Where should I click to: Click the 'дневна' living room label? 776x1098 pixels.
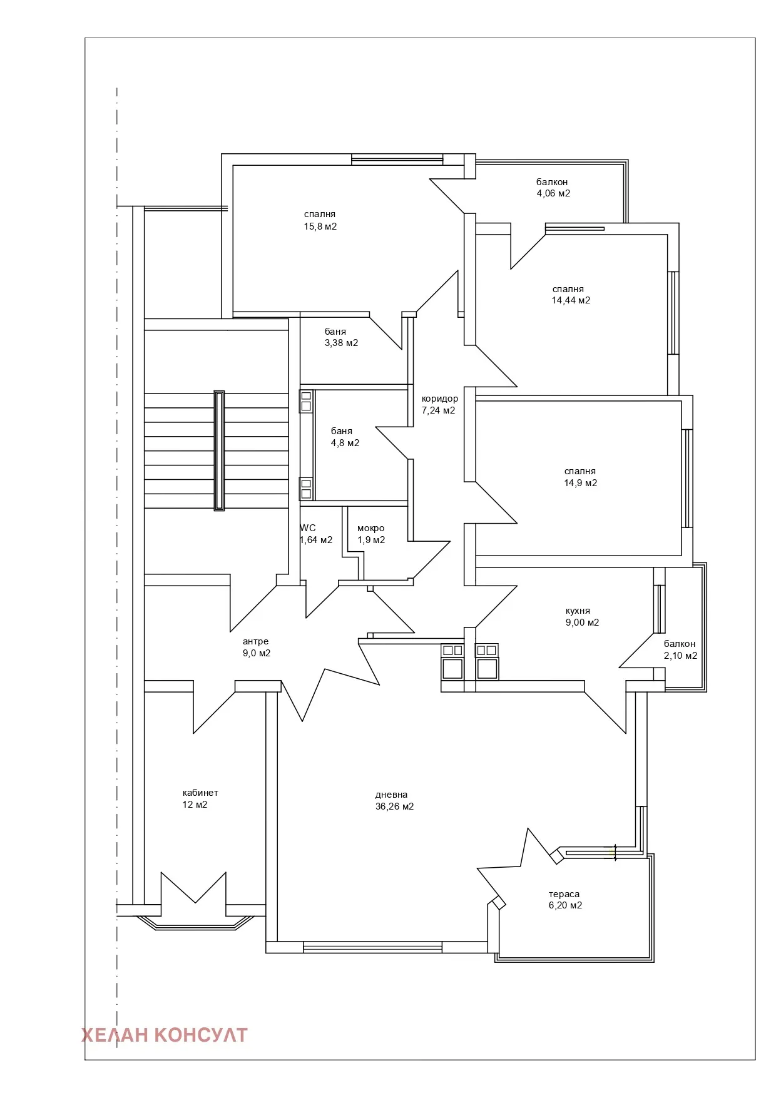(391, 795)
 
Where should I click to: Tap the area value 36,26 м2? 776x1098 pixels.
(394, 806)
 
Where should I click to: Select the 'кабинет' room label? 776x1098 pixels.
(200, 793)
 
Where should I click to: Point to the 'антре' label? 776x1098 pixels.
(255, 641)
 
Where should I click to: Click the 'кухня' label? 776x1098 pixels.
(578, 611)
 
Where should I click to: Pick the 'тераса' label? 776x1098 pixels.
(564, 894)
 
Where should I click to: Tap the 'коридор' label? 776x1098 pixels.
(439, 399)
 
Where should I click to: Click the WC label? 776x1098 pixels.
(308, 528)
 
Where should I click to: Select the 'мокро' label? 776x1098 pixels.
(370, 528)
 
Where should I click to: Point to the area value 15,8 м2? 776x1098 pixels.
(320, 226)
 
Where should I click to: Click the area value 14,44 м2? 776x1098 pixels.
(571, 300)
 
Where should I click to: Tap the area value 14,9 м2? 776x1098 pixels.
(580, 483)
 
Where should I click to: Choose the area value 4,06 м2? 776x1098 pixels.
(553, 193)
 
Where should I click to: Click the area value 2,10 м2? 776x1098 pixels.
(680, 656)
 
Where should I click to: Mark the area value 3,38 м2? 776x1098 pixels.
(341, 343)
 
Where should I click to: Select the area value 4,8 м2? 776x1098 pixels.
(345, 443)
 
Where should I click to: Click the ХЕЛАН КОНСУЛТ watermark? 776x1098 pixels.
(165, 1035)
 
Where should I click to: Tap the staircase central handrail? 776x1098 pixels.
(219, 450)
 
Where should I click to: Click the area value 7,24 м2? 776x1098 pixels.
(438, 410)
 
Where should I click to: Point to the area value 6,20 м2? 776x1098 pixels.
(565, 905)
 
